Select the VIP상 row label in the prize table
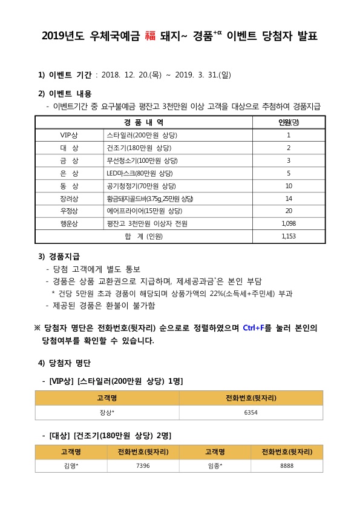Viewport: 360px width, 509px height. (x=70, y=135)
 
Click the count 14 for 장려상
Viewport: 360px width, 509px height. (x=289, y=199)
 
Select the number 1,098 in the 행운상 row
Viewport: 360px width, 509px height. (x=289, y=223)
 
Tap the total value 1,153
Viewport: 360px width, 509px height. (x=289, y=237)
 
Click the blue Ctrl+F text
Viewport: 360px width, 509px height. (x=257, y=328)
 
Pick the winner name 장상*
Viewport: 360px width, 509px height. (x=107, y=412)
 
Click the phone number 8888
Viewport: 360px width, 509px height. (x=286, y=465)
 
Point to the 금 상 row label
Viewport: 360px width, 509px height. (x=70, y=160)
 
